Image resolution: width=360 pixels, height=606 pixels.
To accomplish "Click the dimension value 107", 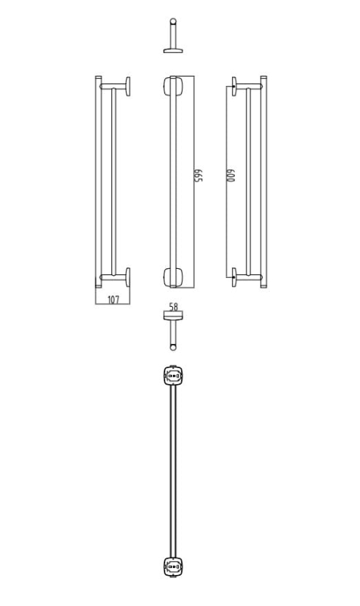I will [x=113, y=300].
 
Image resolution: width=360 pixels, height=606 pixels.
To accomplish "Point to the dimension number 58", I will [x=174, y=308].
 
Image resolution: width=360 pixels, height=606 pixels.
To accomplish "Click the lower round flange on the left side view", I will [x=129, y=278].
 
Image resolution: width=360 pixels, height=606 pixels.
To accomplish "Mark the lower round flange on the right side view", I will [x=235, y=278].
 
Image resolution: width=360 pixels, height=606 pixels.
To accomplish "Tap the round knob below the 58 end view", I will [x=174, y=348].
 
